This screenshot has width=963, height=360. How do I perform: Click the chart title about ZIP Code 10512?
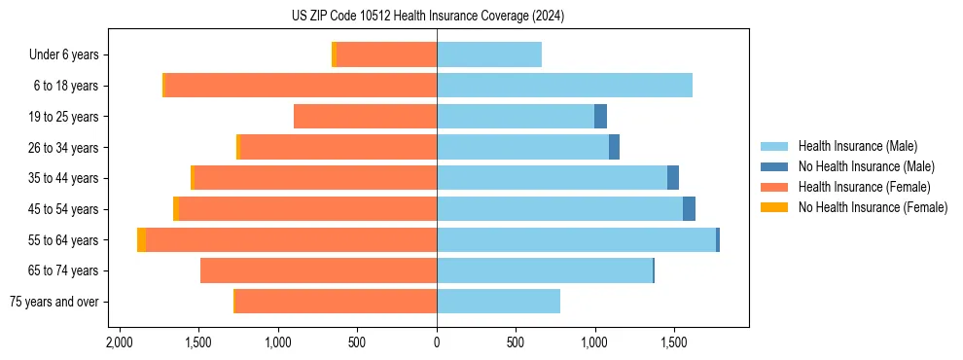427,16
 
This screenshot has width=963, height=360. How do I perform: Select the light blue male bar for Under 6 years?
489,55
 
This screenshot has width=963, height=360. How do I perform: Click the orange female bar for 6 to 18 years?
302,86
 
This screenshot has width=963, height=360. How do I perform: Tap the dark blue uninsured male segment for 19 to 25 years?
600,117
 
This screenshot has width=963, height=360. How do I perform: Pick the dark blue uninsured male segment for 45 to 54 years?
689,209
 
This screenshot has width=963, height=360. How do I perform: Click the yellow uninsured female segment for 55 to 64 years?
142,240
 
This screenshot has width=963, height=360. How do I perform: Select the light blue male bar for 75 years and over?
498,302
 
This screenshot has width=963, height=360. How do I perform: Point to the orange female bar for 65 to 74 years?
318,270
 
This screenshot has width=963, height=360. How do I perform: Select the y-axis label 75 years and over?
53,302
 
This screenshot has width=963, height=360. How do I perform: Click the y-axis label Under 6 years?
63,55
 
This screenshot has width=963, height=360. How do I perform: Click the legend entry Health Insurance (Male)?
857,146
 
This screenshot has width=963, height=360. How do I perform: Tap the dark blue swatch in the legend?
774,166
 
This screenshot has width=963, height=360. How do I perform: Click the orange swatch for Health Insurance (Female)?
774,187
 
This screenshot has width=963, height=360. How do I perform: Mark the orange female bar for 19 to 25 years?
365,117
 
